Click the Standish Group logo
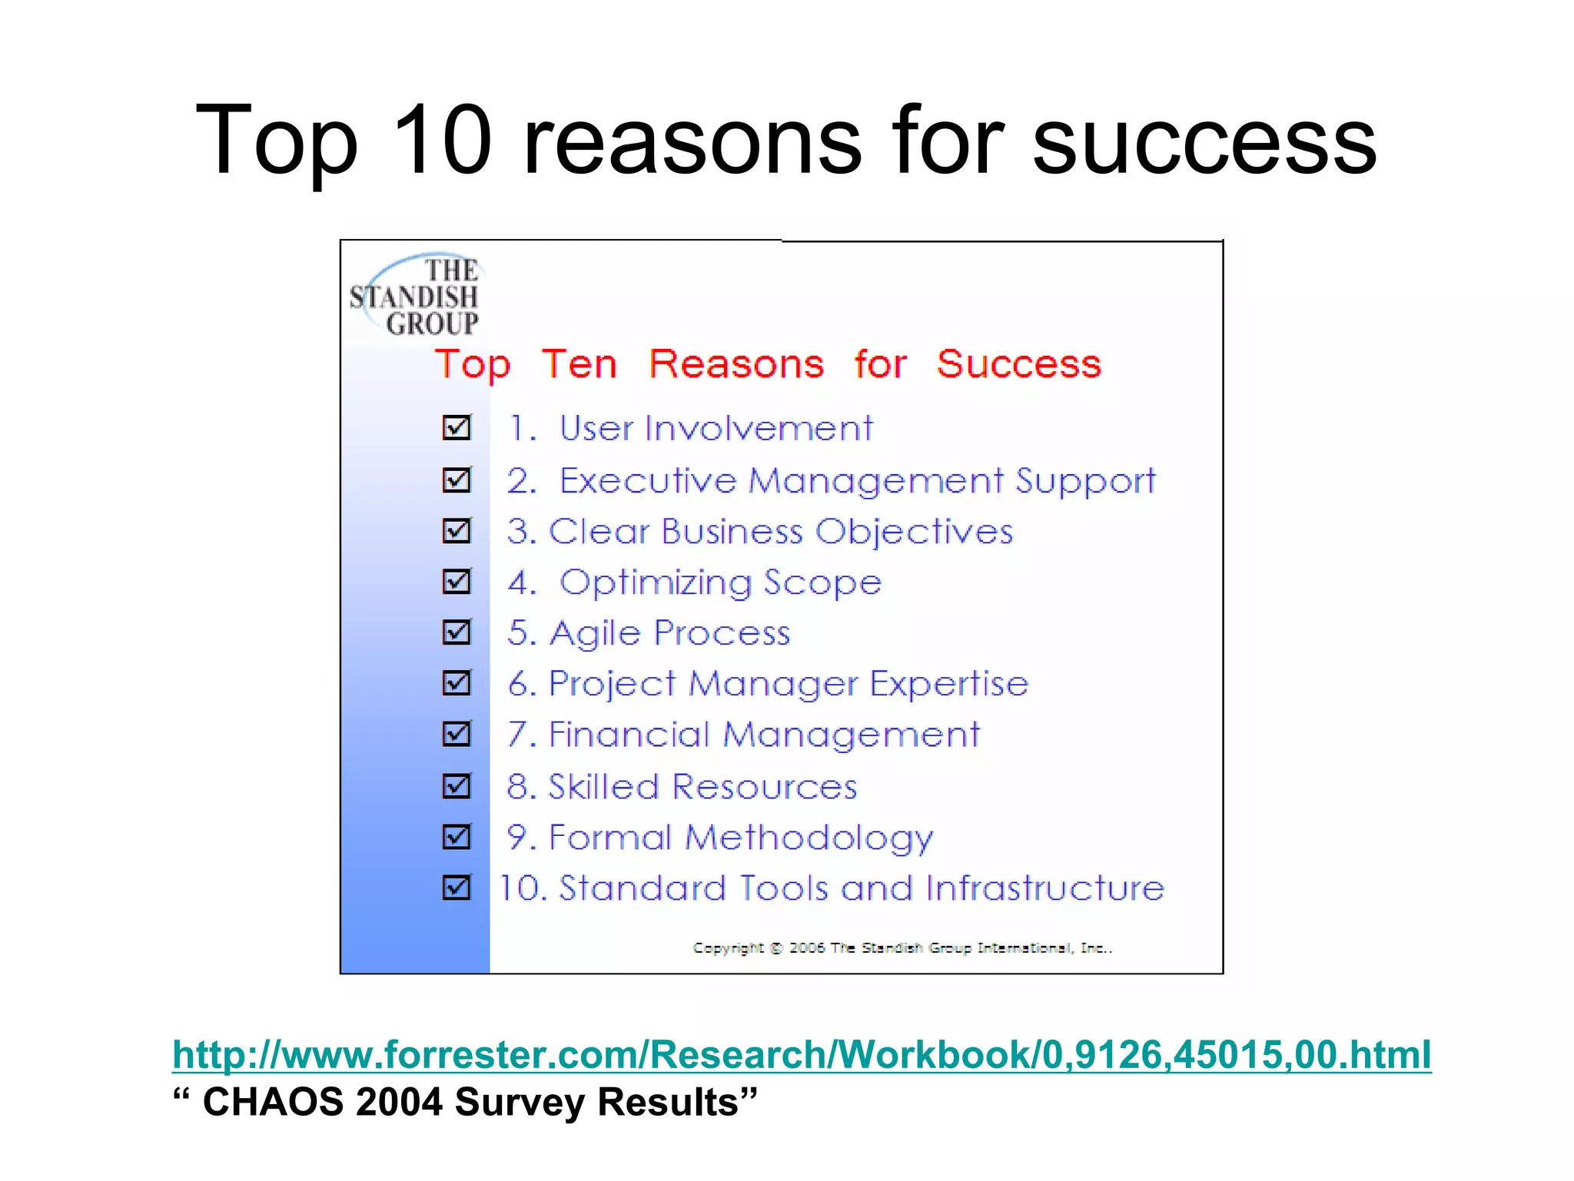tap(416, 296)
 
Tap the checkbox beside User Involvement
tap(457, 427)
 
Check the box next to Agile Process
tap(457, 632)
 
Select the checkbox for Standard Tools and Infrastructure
tap(457, 887)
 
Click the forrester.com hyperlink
tap(802, 1054)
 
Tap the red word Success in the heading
tap(1018, 363)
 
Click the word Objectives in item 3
tap(914, 532)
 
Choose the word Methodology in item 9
tap(809, 838)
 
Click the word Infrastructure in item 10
tap(1045, 888)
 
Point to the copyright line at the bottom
tap(902, 948)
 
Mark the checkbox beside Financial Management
tap(457, 734)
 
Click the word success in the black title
tap(1204, 141)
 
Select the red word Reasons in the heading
tap(736, 363)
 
